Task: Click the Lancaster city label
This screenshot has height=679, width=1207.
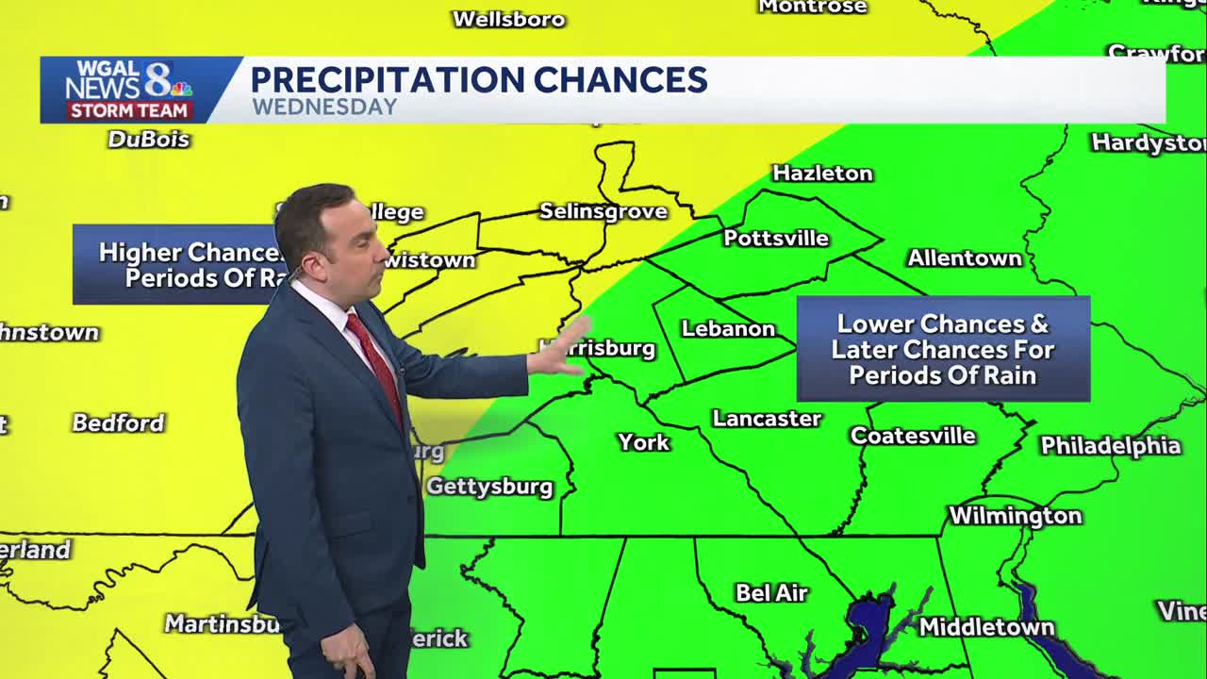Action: [x=767, y=419]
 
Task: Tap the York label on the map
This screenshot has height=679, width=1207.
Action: [x=644, y=442]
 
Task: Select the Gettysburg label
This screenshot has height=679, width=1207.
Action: [x=489, y=487]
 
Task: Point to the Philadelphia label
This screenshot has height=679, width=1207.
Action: [x=1110, y=446]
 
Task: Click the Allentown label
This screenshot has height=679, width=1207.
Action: [x=964, y=258]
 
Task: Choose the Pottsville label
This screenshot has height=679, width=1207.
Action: [x=776, y=239]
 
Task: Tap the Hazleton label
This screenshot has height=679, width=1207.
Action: [x=822, y=174]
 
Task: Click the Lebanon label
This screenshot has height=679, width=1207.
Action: [x=728, y=329]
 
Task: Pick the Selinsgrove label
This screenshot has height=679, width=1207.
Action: [x=603, y=211]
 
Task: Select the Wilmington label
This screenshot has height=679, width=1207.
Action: [x=1015, y=516]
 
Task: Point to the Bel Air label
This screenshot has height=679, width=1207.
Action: [x=771, y=593]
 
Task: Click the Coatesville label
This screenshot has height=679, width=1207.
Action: [x=913, y=436]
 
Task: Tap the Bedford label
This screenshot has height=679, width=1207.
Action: [x=119, y=422]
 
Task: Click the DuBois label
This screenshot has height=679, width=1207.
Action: [x=149, y=140]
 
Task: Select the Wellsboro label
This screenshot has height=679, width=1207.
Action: [x=508, y=19]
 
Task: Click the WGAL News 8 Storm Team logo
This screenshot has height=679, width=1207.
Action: [x=128, y=90]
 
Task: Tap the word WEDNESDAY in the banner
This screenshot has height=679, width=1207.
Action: [x=324, y=107]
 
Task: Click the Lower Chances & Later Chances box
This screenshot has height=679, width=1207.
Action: [x=943, y=349]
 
